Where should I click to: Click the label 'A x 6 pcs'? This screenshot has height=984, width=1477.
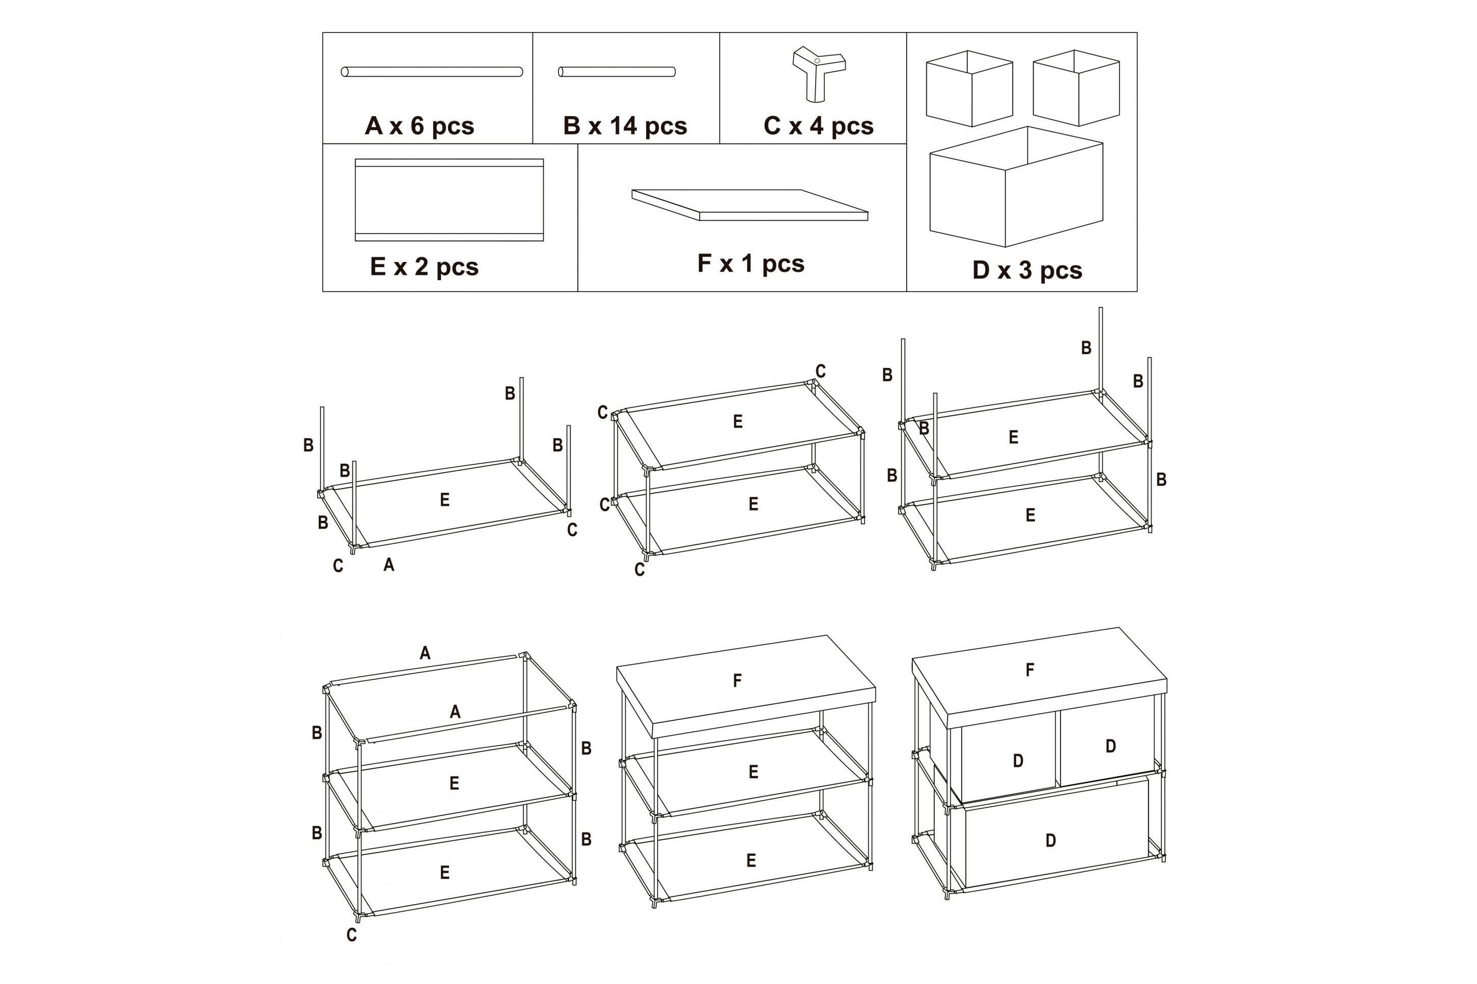tap(420, 126)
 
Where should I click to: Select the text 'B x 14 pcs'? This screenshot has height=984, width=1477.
tap(625, 126)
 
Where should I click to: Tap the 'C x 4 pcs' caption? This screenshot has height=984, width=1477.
tap(818, 126)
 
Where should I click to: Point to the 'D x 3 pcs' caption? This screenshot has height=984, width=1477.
tap(1027, 271)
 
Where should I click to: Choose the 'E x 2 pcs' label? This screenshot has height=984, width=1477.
tap(425, 267)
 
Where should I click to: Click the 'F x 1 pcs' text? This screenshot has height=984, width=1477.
tap(750, 264)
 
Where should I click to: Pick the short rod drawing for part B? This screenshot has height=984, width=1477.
tap(617, 72)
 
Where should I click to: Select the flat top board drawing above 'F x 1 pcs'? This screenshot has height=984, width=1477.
tap(750, 205)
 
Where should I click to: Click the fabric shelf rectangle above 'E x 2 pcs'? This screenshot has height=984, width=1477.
tap(449, 199)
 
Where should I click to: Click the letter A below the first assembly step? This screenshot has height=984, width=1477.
tap(388, 565)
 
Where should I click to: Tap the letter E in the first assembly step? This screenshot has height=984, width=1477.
tap(444, 500)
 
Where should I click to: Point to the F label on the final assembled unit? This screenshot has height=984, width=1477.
tap(1030, 670)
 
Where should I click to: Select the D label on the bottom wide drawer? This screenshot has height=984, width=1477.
tap(1051, 841)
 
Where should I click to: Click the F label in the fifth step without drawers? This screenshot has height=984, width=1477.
tap(737, 680)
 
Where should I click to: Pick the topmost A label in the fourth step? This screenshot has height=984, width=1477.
tap(425, 653)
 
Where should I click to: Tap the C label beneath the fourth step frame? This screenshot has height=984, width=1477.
tap(352, 935)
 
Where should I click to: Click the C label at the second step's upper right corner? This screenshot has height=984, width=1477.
tap(820, 371)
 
